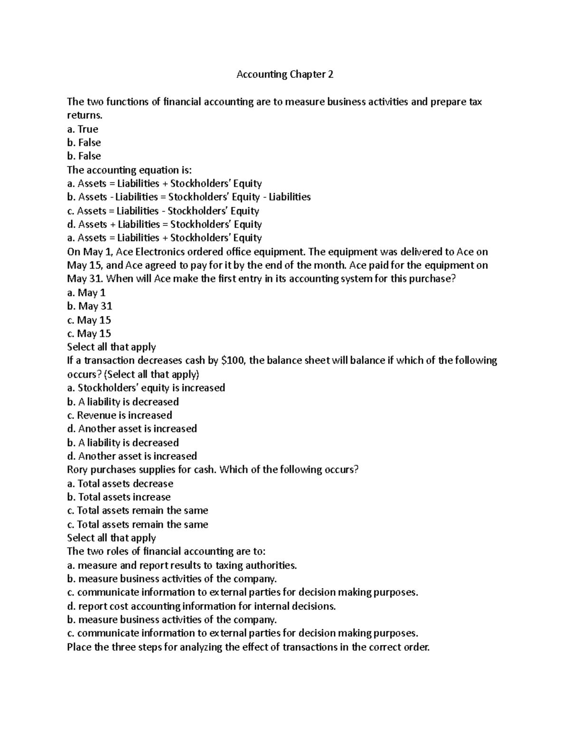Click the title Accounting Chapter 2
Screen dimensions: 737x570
285,75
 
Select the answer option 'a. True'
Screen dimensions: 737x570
83,129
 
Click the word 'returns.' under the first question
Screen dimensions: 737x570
85,115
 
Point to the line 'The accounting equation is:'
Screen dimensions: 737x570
129,170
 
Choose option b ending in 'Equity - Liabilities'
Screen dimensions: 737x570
189,197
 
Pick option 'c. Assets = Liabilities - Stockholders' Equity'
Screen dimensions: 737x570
163,211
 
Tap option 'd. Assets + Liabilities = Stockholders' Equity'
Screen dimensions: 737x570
164,224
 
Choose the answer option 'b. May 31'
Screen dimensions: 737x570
90,306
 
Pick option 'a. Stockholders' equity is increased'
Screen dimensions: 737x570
146,388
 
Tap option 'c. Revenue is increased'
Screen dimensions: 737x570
119,415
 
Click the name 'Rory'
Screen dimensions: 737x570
77,470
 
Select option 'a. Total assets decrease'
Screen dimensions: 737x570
120,484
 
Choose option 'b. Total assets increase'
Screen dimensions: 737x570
119,497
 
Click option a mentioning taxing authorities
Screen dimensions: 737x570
182,565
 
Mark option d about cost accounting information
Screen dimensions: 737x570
201,606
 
